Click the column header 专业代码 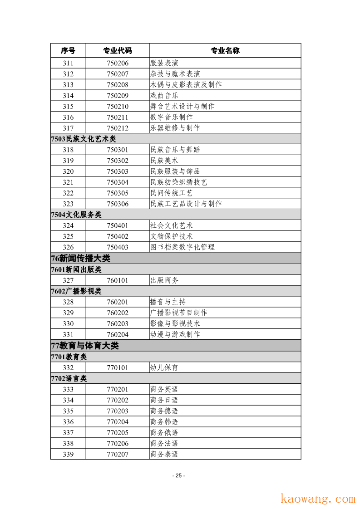point(118,50)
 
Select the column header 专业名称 point(225,50)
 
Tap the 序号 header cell point(68,50)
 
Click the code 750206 point(118,63)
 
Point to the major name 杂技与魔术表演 point(175,74)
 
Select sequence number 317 point(68,128)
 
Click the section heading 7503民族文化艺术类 point(84,139)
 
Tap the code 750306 point(118,204)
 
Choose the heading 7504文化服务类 point(76,215)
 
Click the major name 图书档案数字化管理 point(182,247)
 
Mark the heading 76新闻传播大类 point(81,258)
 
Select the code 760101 point(118,280)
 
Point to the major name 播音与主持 point(168,302)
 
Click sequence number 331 point(68,334)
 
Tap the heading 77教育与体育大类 point(85,346)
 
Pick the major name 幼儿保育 point(164,367)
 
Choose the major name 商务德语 point(164,411)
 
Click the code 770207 point(118,454)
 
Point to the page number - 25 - point(179,475)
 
